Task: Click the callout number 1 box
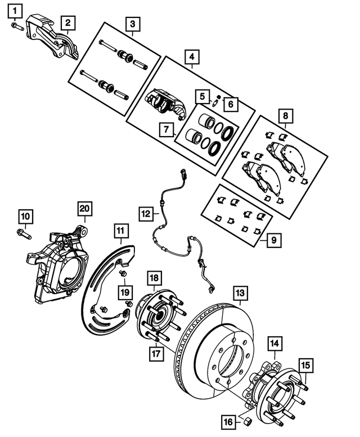pos(15,9)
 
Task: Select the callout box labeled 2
pos(67,22)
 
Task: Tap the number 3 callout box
pos(133,24)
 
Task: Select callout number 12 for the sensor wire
pos(146,214)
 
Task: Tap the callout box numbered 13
pos(240,293)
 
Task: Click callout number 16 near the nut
pos(229,420)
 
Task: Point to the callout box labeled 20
pos(84,209)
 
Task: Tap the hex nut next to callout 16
pos(245,420)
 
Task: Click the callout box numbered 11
pos(120,231)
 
